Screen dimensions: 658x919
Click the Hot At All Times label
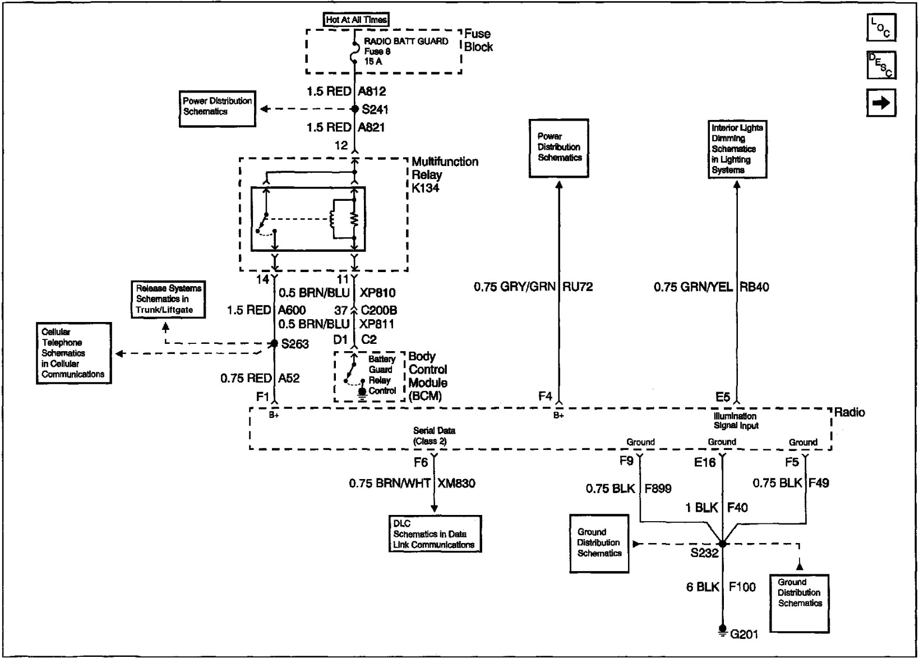356,20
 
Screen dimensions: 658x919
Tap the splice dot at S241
354,109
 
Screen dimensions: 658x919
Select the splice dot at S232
722,544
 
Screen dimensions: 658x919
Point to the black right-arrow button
881,103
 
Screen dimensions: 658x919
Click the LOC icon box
881,28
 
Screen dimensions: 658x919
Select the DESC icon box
881,65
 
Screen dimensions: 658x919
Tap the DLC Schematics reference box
435,534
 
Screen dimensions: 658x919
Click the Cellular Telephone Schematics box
73,353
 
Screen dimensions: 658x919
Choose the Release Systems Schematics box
168,299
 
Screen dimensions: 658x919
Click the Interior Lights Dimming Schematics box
737,149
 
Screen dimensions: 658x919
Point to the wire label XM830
456,483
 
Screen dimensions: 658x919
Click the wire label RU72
578,287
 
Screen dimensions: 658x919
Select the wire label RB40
754,287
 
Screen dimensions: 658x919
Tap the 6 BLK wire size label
702,587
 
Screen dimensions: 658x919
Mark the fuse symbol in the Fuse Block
354,51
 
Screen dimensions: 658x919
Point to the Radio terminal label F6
421,463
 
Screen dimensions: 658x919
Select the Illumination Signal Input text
735,421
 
